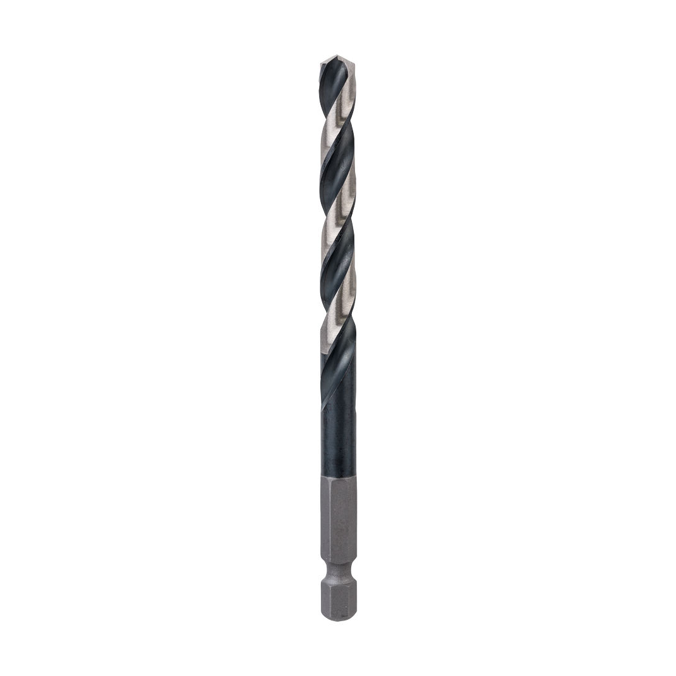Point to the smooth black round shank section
tap(338, 441)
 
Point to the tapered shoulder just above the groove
tap(338, 563)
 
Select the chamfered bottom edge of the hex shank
tap(338, 615)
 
